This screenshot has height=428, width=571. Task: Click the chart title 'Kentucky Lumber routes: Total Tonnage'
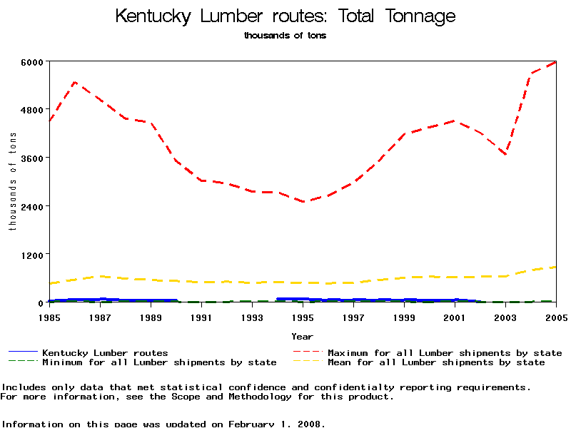(285, 16)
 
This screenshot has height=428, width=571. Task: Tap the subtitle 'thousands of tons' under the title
(285, 36)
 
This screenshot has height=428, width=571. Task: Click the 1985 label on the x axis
(49, 316)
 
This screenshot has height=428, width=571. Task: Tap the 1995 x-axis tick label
(303, 316)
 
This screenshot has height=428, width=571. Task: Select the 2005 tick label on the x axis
(555, 316)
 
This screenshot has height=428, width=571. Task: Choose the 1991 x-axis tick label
(201, 316)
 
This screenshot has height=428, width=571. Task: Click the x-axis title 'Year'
(302, 336)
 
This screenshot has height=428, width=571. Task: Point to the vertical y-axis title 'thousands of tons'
(12, 182)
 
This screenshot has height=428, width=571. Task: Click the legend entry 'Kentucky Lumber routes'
(105, 352)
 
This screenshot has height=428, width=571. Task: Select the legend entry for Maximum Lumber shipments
(444, 352)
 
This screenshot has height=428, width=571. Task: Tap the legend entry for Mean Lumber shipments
(435, 362)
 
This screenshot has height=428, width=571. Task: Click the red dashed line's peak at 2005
(555, 62)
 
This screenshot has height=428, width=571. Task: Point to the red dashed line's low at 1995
(303, 202)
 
